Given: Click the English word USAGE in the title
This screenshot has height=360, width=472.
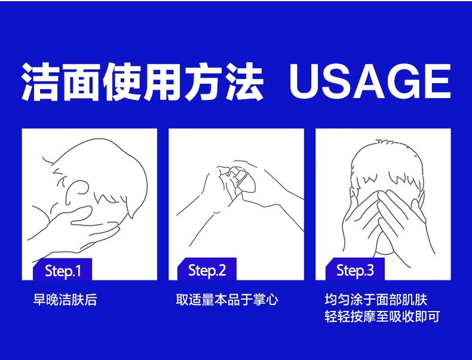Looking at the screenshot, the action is pyautogui.click(x=370, y=81).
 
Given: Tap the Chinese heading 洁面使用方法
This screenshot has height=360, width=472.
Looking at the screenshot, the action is pyautogui.click(x=142, y=82).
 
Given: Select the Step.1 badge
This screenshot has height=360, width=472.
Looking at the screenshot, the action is pyautogui.click(x=62, y=270).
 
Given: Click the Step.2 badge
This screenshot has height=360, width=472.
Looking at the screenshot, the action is pyautogui.click(x=207, y=269).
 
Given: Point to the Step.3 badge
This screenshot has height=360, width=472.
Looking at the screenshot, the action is pyautogui.click(x=355, y=269).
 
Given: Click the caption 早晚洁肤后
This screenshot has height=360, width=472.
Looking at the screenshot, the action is pyautogui.click(x=65, y=300).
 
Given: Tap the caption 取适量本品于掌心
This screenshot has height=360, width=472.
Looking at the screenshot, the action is pyautogui.click(x=227, y=300).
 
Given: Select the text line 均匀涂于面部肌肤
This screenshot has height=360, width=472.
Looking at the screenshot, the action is pyautogui.click(x=376, y=300).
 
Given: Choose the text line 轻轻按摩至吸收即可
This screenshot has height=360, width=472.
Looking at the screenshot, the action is pyautogui.click(x=382, y=316).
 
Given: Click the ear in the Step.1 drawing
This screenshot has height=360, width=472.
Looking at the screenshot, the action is pyautogui.click(x=76, y=192).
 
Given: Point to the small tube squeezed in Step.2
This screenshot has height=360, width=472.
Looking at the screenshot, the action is pyautogui.click(x=243, y=180).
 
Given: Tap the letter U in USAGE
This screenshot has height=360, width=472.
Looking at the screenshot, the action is pyautogui.click(x=304, y=82).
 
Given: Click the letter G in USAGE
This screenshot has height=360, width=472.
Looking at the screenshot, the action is pyautogui.click(x=404, y=81).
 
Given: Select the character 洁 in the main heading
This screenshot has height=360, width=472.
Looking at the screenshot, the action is pyautogui.click(x=40, y=82).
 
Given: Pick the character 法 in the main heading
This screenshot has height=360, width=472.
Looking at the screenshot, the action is pyautogui.click(x=244, y=82).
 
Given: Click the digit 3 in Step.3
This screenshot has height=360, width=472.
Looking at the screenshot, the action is pyautogui.click(x=370, y=270).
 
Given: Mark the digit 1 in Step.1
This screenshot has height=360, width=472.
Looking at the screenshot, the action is pyautogui.click(x=78, y=270).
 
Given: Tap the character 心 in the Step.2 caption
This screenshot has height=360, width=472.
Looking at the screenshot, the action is pyautogui.click(x=272, y=300).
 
